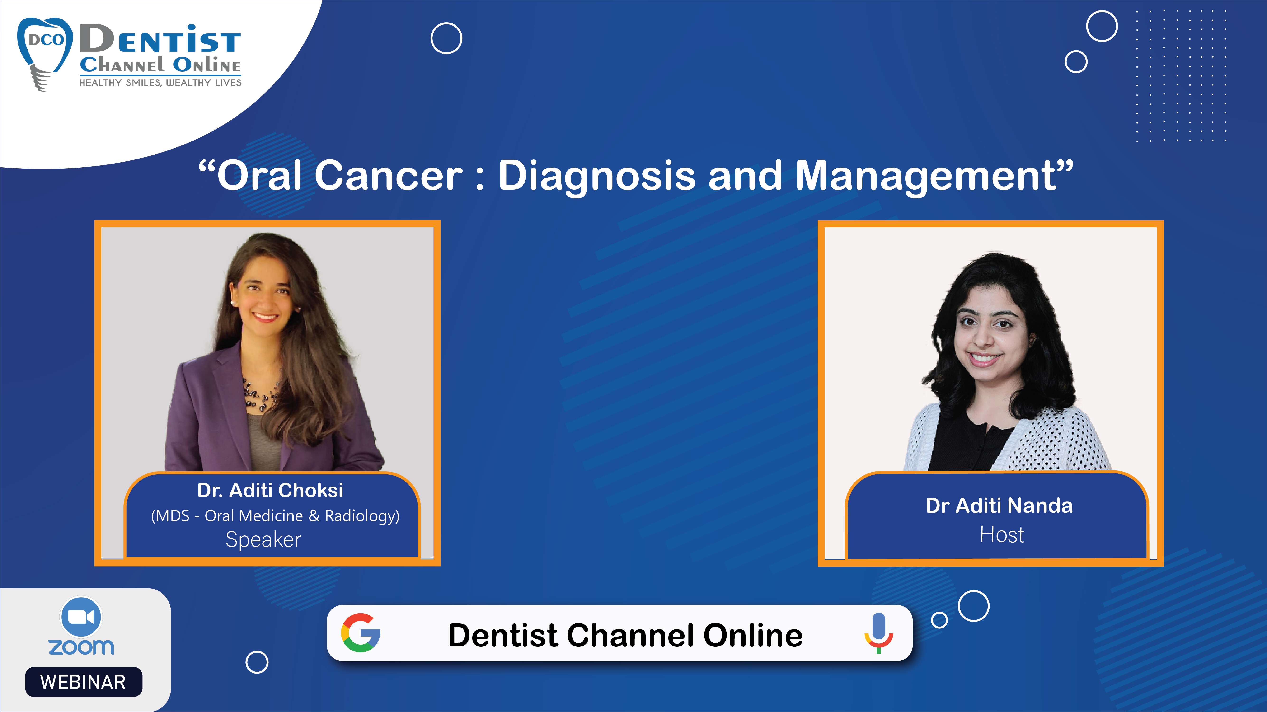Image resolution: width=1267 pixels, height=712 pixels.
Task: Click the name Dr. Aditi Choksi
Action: [x=270, y=490]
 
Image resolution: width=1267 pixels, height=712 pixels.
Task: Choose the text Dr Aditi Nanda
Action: [x=999, y=506]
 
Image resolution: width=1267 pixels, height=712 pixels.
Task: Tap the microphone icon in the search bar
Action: [x=878, y=633]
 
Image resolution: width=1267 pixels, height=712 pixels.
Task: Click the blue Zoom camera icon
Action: [x=81, y=617]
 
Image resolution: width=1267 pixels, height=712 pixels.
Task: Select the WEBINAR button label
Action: [x=83, y=682]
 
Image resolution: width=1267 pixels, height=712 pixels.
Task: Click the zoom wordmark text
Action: [x=81, y=647]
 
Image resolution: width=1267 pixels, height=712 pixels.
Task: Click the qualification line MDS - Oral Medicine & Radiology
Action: [x=275, y=516]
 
